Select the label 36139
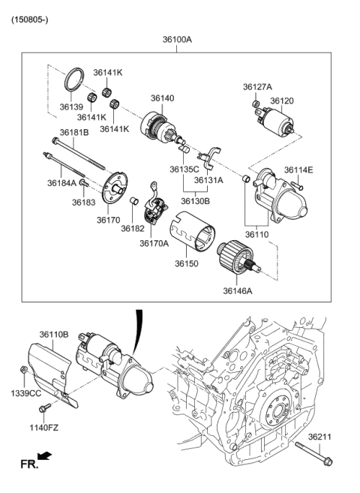click(72, 107)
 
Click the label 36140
click(163, 98)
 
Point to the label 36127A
click(257, 87)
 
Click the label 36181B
click(74, 132)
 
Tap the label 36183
click(84, 202)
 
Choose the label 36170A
click(154, 242)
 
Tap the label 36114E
click(298, 170)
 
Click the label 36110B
click(54, 334)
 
